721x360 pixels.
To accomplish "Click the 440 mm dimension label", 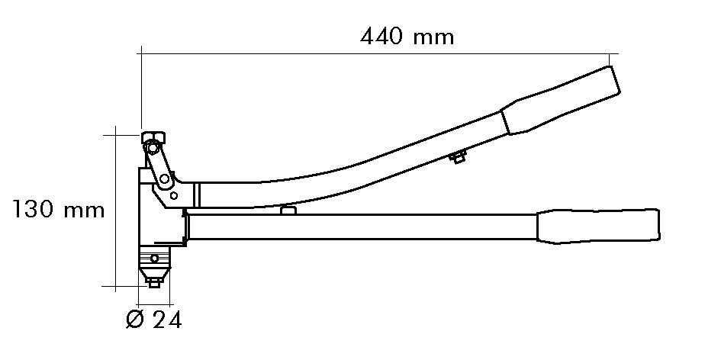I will pyautogui.click(x=407, y=37).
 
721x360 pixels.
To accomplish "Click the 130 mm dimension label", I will pyautogui.click(x=58, y=210).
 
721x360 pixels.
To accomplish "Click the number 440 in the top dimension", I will pyautogui.click(x=383, y=37).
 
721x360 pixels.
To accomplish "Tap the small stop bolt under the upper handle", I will pyautogui.click(x=458, y=158).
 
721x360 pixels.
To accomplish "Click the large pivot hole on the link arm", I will pyautogui.click(x=163, y=180).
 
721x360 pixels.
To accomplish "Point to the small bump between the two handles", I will pyautogui.click(x=288, y=210).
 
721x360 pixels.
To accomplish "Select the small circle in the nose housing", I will pyautogui.click(x=156, y=259).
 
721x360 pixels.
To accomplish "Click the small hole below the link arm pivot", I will pyautogui.click(x=174, y=196).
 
